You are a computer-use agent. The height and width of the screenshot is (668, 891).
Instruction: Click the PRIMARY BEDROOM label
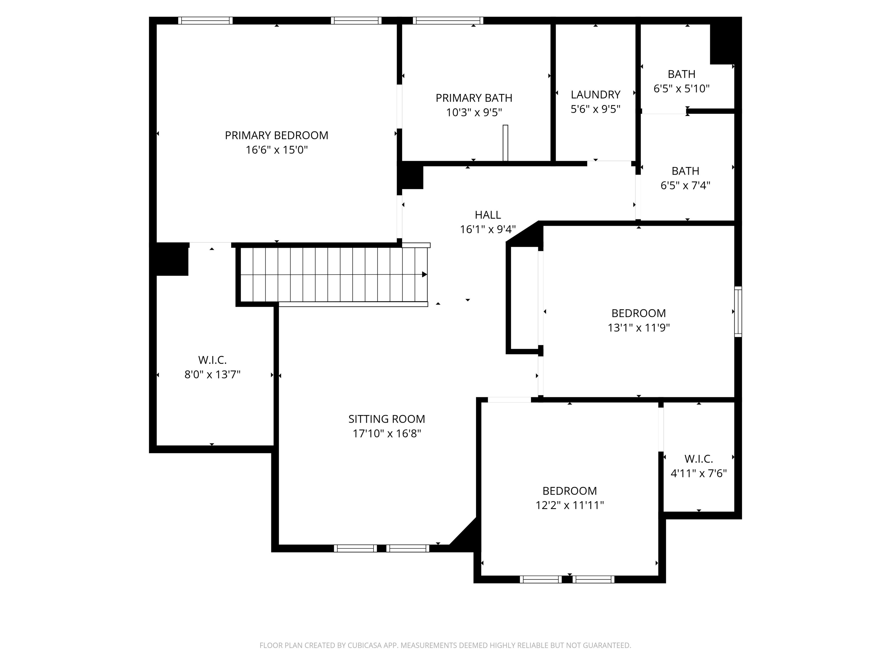point(276,135)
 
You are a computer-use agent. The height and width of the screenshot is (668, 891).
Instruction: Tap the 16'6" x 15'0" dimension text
point(277,150)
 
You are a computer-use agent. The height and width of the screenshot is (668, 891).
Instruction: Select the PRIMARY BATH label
point(474,98)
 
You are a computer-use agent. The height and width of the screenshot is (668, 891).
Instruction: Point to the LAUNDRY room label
point(595,95)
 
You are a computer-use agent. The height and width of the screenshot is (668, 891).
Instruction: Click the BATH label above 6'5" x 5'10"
point(682,74)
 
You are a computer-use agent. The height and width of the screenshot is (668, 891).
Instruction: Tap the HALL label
point(488,215)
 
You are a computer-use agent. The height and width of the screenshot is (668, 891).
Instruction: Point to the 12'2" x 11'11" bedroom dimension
point(570,505)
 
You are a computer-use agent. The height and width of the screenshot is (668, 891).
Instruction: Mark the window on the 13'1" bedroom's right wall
point(738,312)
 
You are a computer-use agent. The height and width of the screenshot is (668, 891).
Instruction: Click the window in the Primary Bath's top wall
point(448,21)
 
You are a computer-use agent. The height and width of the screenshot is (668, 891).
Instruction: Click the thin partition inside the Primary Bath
point(506,143)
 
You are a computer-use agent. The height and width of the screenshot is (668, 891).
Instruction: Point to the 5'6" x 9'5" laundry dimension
point(595,109)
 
